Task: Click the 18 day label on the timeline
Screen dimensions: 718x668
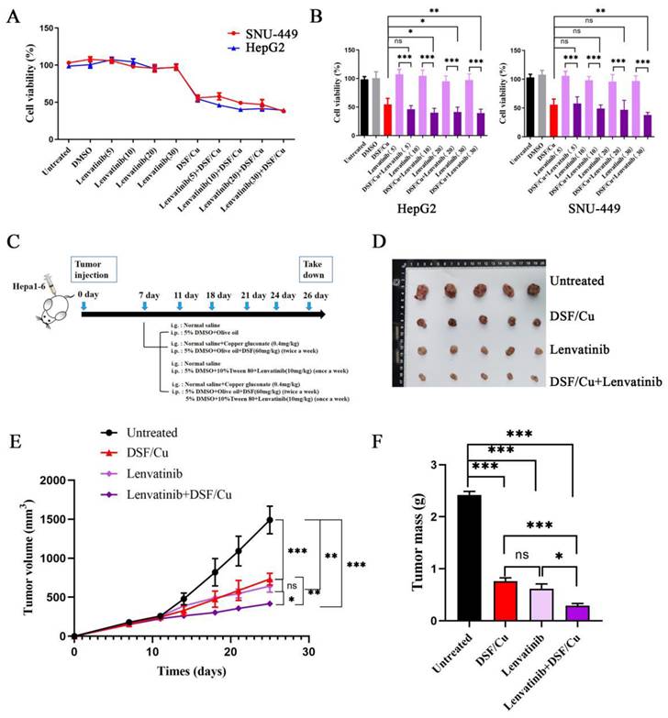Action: click(217, 295)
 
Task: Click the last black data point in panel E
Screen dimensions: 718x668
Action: click(270, 520)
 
